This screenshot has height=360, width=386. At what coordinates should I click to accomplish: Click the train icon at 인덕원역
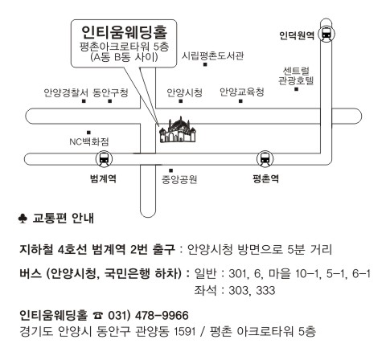coord(326,35)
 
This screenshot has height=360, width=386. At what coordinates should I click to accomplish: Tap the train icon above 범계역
coord(104,159)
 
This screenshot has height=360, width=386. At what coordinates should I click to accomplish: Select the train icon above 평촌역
coord(265,159)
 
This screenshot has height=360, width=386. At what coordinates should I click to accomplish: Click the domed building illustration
coord(178,130)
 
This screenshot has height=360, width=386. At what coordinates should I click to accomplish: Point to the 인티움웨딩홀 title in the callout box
coord(124,32)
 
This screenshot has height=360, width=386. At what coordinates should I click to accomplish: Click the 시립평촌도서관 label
coord(212,56)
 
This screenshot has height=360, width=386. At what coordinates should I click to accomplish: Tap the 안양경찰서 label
coord(66,92)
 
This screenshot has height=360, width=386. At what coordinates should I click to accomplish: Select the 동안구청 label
coord(110,92)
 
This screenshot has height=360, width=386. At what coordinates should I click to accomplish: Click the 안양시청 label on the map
coord(184,92)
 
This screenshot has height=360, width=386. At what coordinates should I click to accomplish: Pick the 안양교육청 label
coord(242,92)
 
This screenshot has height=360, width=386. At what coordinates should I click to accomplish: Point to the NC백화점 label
coord(89,141)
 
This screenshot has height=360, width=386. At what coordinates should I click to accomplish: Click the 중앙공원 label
coord(179,179)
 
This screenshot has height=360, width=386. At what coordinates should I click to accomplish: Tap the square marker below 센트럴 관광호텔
coord(296,89)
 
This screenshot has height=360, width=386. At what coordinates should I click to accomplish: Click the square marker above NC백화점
coord(88,133)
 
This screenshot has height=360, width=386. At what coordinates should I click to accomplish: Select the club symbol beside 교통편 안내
coord(23,219)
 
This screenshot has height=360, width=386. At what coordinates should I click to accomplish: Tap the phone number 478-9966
coord(162,315)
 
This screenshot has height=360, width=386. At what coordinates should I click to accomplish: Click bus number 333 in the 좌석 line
coord(265,290)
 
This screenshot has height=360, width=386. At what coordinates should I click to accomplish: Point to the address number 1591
coord(185,332)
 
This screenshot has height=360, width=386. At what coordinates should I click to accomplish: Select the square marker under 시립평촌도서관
coord(205,64)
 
